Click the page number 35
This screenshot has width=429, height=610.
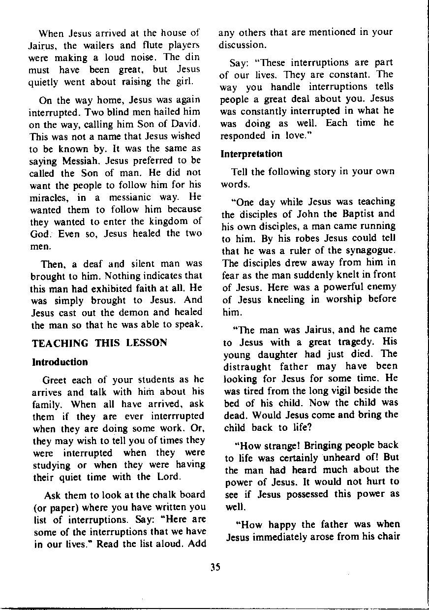(x=215, y=567)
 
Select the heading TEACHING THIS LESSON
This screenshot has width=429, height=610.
(x=99, y=343)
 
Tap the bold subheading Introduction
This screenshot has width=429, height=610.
(x=60, y=362)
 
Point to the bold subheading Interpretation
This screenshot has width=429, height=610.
(x=252, y=154)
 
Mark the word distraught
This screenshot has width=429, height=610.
(x=248, y=367)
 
